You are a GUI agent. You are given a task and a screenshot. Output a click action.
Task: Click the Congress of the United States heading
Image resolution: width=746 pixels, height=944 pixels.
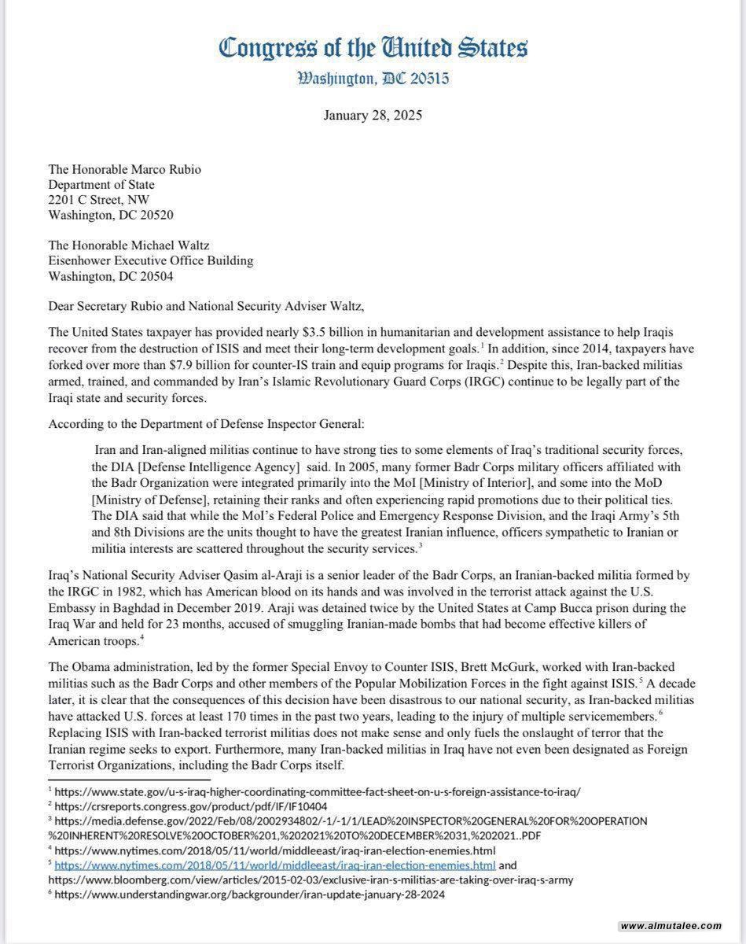tap(373, 49)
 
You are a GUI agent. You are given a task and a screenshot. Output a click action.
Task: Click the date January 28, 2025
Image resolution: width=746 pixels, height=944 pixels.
tap(373, 115)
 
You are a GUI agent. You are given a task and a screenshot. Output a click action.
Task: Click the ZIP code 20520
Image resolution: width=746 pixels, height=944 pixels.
tap(155, 215)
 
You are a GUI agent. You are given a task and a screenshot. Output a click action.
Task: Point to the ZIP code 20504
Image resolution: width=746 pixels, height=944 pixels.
tap(155, 276)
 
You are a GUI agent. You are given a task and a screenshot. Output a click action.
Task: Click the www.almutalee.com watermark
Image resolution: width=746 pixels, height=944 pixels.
tap(671, 925)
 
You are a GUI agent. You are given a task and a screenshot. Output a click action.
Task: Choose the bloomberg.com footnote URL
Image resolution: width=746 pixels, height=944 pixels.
tap(311, 879)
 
